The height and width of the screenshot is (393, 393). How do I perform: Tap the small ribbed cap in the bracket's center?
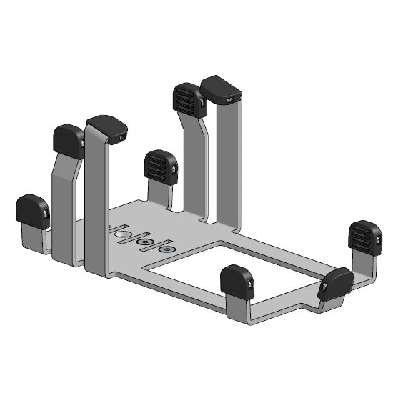coord(161,166)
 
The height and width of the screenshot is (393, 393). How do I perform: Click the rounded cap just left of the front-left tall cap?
coord(69,141)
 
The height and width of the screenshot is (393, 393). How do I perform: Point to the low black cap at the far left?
coord(33,211)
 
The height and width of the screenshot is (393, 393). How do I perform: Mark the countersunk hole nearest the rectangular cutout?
coord(166,249)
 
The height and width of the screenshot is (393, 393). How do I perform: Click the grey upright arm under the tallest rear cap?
coord(230,164)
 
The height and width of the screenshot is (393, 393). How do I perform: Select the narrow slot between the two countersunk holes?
coord(156,246)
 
